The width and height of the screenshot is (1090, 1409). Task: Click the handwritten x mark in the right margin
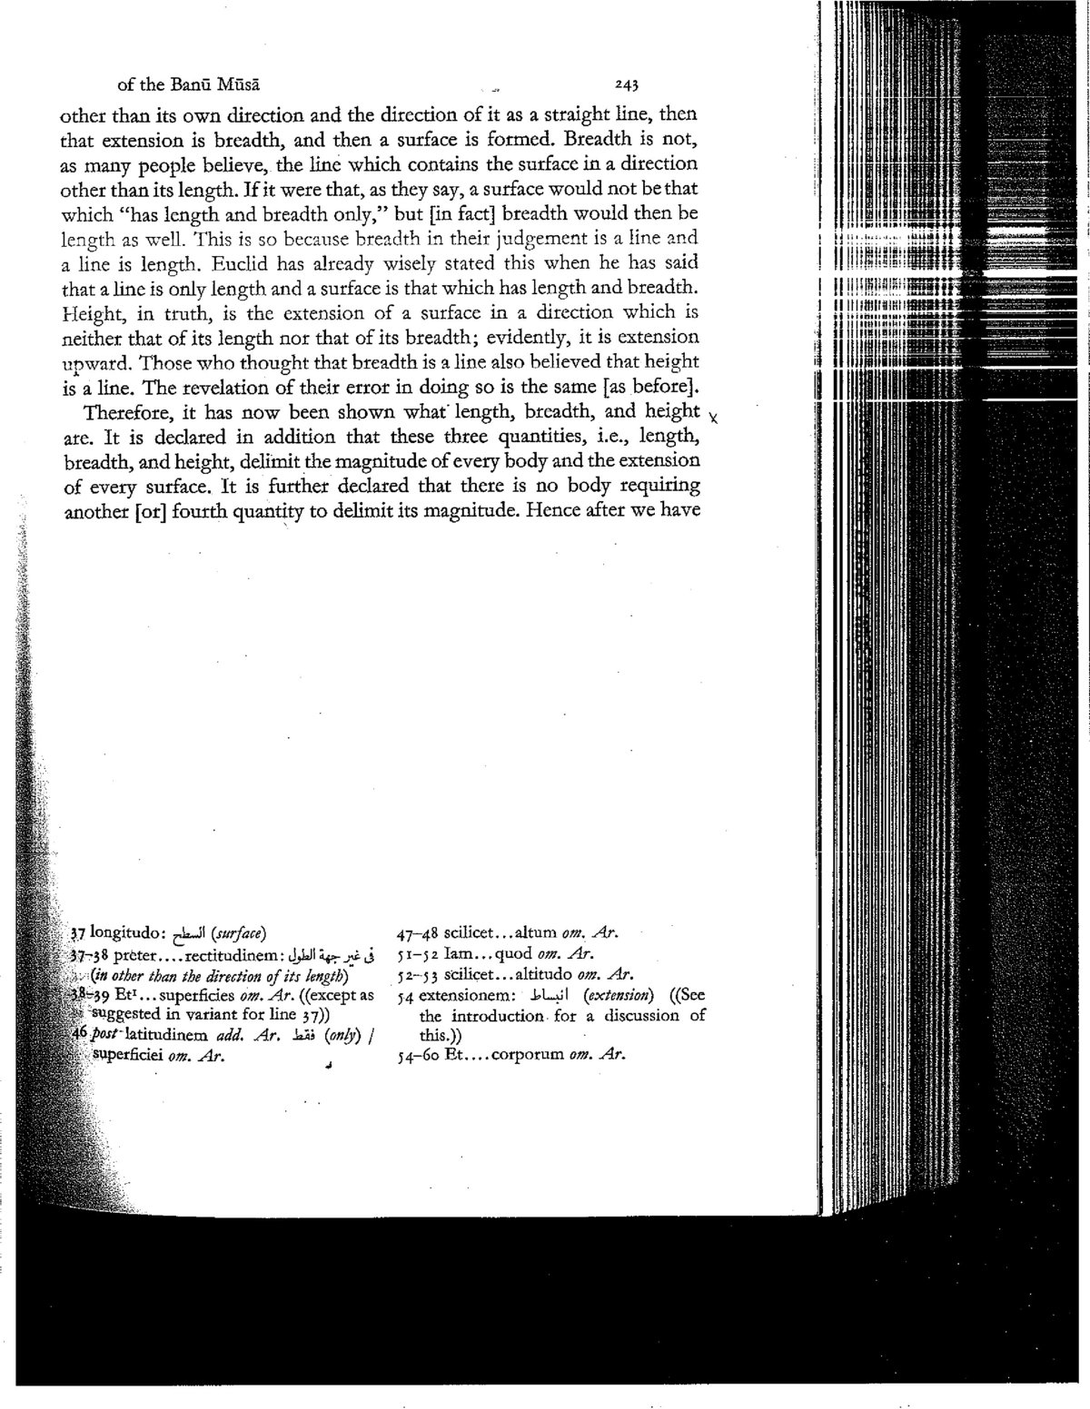tap(714, 419)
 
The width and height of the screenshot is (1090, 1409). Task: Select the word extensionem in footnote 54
tap(463, 995)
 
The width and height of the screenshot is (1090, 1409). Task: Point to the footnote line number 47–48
tap(415, 933)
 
